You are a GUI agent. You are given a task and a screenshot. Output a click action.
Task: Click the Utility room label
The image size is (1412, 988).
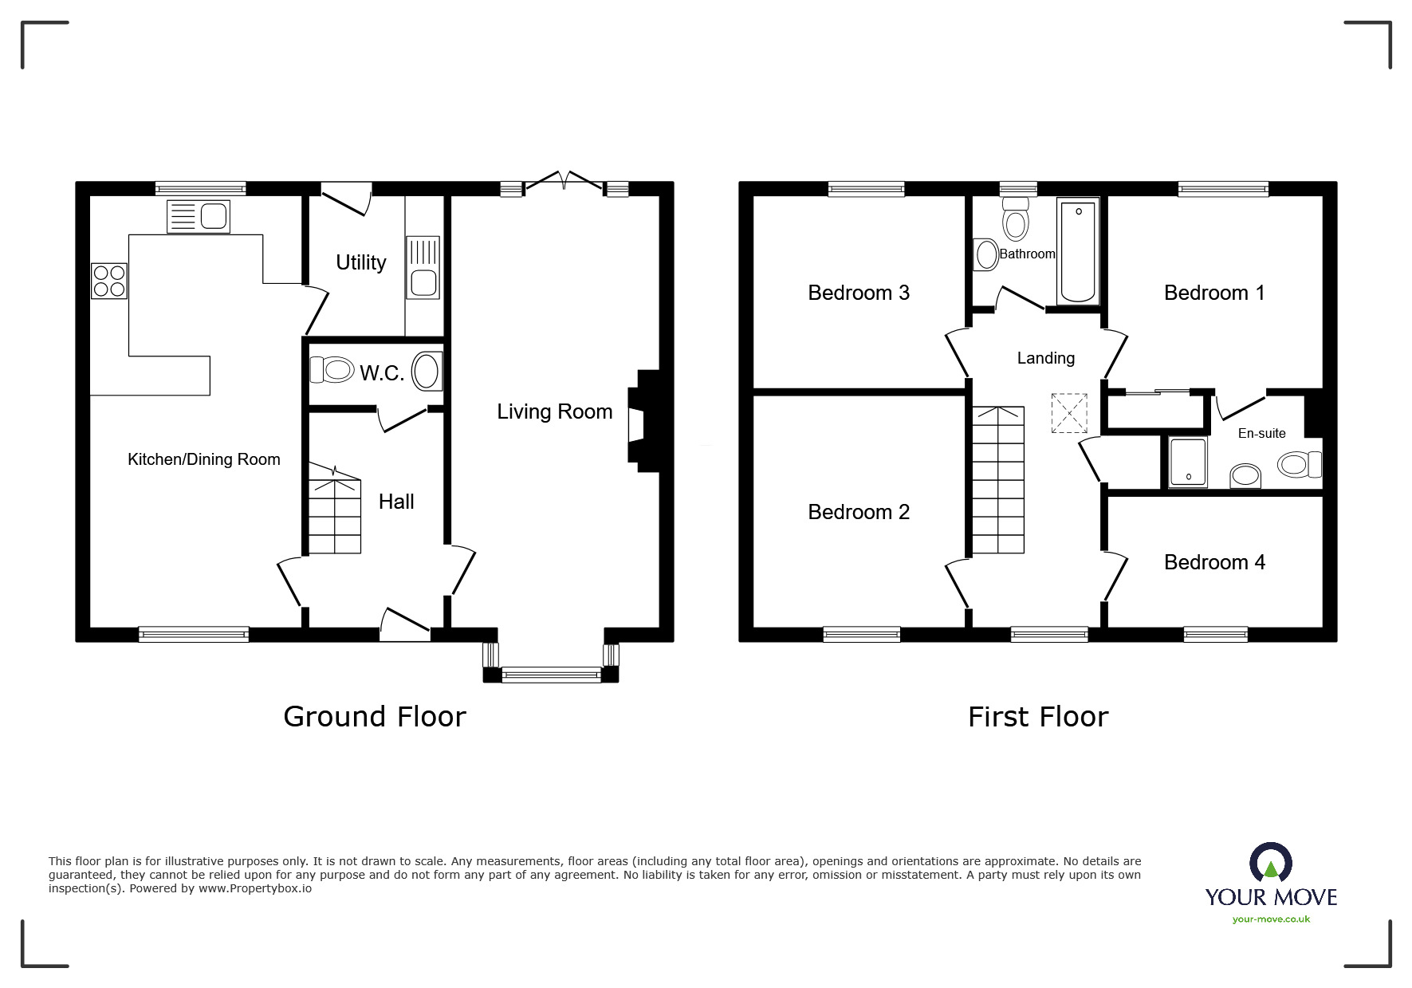point(360,262)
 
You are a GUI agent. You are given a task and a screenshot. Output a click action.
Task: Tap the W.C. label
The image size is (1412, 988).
point(382,373)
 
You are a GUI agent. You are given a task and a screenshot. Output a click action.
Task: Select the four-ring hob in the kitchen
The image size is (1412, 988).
point(109,281)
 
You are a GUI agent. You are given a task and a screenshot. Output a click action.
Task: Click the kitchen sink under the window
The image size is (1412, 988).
point(199,217)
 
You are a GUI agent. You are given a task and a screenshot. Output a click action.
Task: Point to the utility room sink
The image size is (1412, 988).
point(423,268)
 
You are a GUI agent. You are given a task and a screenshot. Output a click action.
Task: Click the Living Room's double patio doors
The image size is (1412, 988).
point(563,183)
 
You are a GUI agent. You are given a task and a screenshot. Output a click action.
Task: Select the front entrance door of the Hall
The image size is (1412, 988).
point(405,627)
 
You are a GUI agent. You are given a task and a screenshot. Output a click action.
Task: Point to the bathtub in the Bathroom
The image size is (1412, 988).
point(1078,251)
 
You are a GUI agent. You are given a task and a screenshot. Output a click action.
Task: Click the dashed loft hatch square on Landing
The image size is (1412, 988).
point(1069,413)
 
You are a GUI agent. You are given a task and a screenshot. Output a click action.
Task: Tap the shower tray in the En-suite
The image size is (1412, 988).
point(1188,462)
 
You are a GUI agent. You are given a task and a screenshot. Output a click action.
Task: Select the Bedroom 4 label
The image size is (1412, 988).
point(1214,562)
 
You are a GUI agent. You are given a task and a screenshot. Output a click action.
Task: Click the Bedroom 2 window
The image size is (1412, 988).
point(862,635)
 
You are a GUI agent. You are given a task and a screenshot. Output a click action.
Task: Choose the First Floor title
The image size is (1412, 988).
point(1037,717)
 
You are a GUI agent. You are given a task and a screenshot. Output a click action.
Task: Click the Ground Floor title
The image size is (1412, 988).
point(374,717)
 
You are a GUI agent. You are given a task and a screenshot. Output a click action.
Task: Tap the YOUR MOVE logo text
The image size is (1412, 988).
point(1271,897)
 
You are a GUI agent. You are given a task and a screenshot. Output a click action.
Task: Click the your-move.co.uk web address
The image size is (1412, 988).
point(1271,919)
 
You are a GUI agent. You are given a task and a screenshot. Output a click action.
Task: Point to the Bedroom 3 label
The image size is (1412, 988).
point(859,293)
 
